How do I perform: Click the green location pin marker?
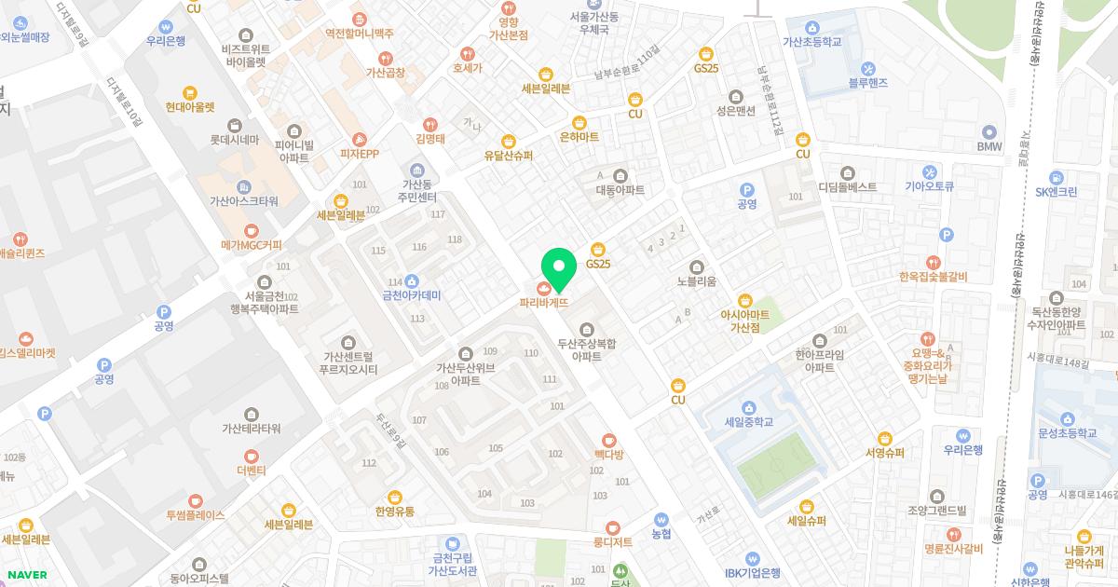tap(559, 267)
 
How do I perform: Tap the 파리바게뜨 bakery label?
tap(544, 302)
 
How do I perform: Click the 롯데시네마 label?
tap(235, 141)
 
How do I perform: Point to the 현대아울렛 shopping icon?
tap(190, 92)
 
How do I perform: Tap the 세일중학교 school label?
tap(748, 422)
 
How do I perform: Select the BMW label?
tap(988, 147)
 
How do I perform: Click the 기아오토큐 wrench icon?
tap(929, 172)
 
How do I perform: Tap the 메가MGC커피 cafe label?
tap(251, 245)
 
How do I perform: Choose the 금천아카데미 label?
tap(411, 295)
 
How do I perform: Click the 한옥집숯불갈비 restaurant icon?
tap(933, 261)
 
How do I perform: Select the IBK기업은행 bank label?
tap(752, 573)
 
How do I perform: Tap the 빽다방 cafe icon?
tap(608, 439)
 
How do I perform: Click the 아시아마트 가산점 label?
tap(745, 321)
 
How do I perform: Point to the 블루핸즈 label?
tap(868, 83)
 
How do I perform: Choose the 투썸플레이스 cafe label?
tap(196, 514)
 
